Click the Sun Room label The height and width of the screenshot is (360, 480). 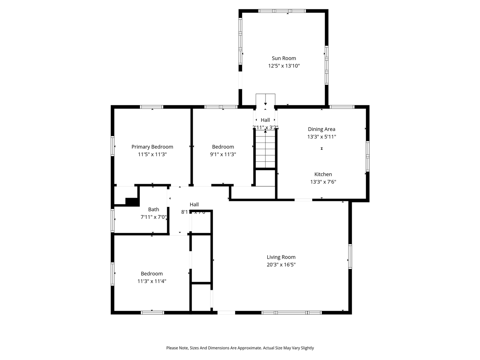[284, 58]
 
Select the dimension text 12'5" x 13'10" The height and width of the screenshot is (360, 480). [284, 66]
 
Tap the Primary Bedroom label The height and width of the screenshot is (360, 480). [152, 147]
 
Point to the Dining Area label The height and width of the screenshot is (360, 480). [321, 129]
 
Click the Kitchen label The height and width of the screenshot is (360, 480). [323, 174]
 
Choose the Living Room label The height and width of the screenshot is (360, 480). [281, 257]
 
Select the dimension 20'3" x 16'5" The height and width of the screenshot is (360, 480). [281, 265]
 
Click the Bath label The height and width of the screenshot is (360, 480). [153, 209]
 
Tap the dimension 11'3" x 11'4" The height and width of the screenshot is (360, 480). [152, 281]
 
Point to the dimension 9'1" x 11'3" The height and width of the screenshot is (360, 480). [223, 154]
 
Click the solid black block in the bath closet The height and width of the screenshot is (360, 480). [132, 202]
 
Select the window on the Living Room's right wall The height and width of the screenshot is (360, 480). [350, 256]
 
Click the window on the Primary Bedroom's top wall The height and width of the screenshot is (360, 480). [152, 107]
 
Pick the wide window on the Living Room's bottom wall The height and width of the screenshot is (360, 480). [291, 312]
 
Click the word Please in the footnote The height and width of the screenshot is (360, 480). [172, 348]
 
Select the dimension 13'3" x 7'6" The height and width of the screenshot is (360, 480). [323, 182]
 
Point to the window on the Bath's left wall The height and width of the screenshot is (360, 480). [112, 220]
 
